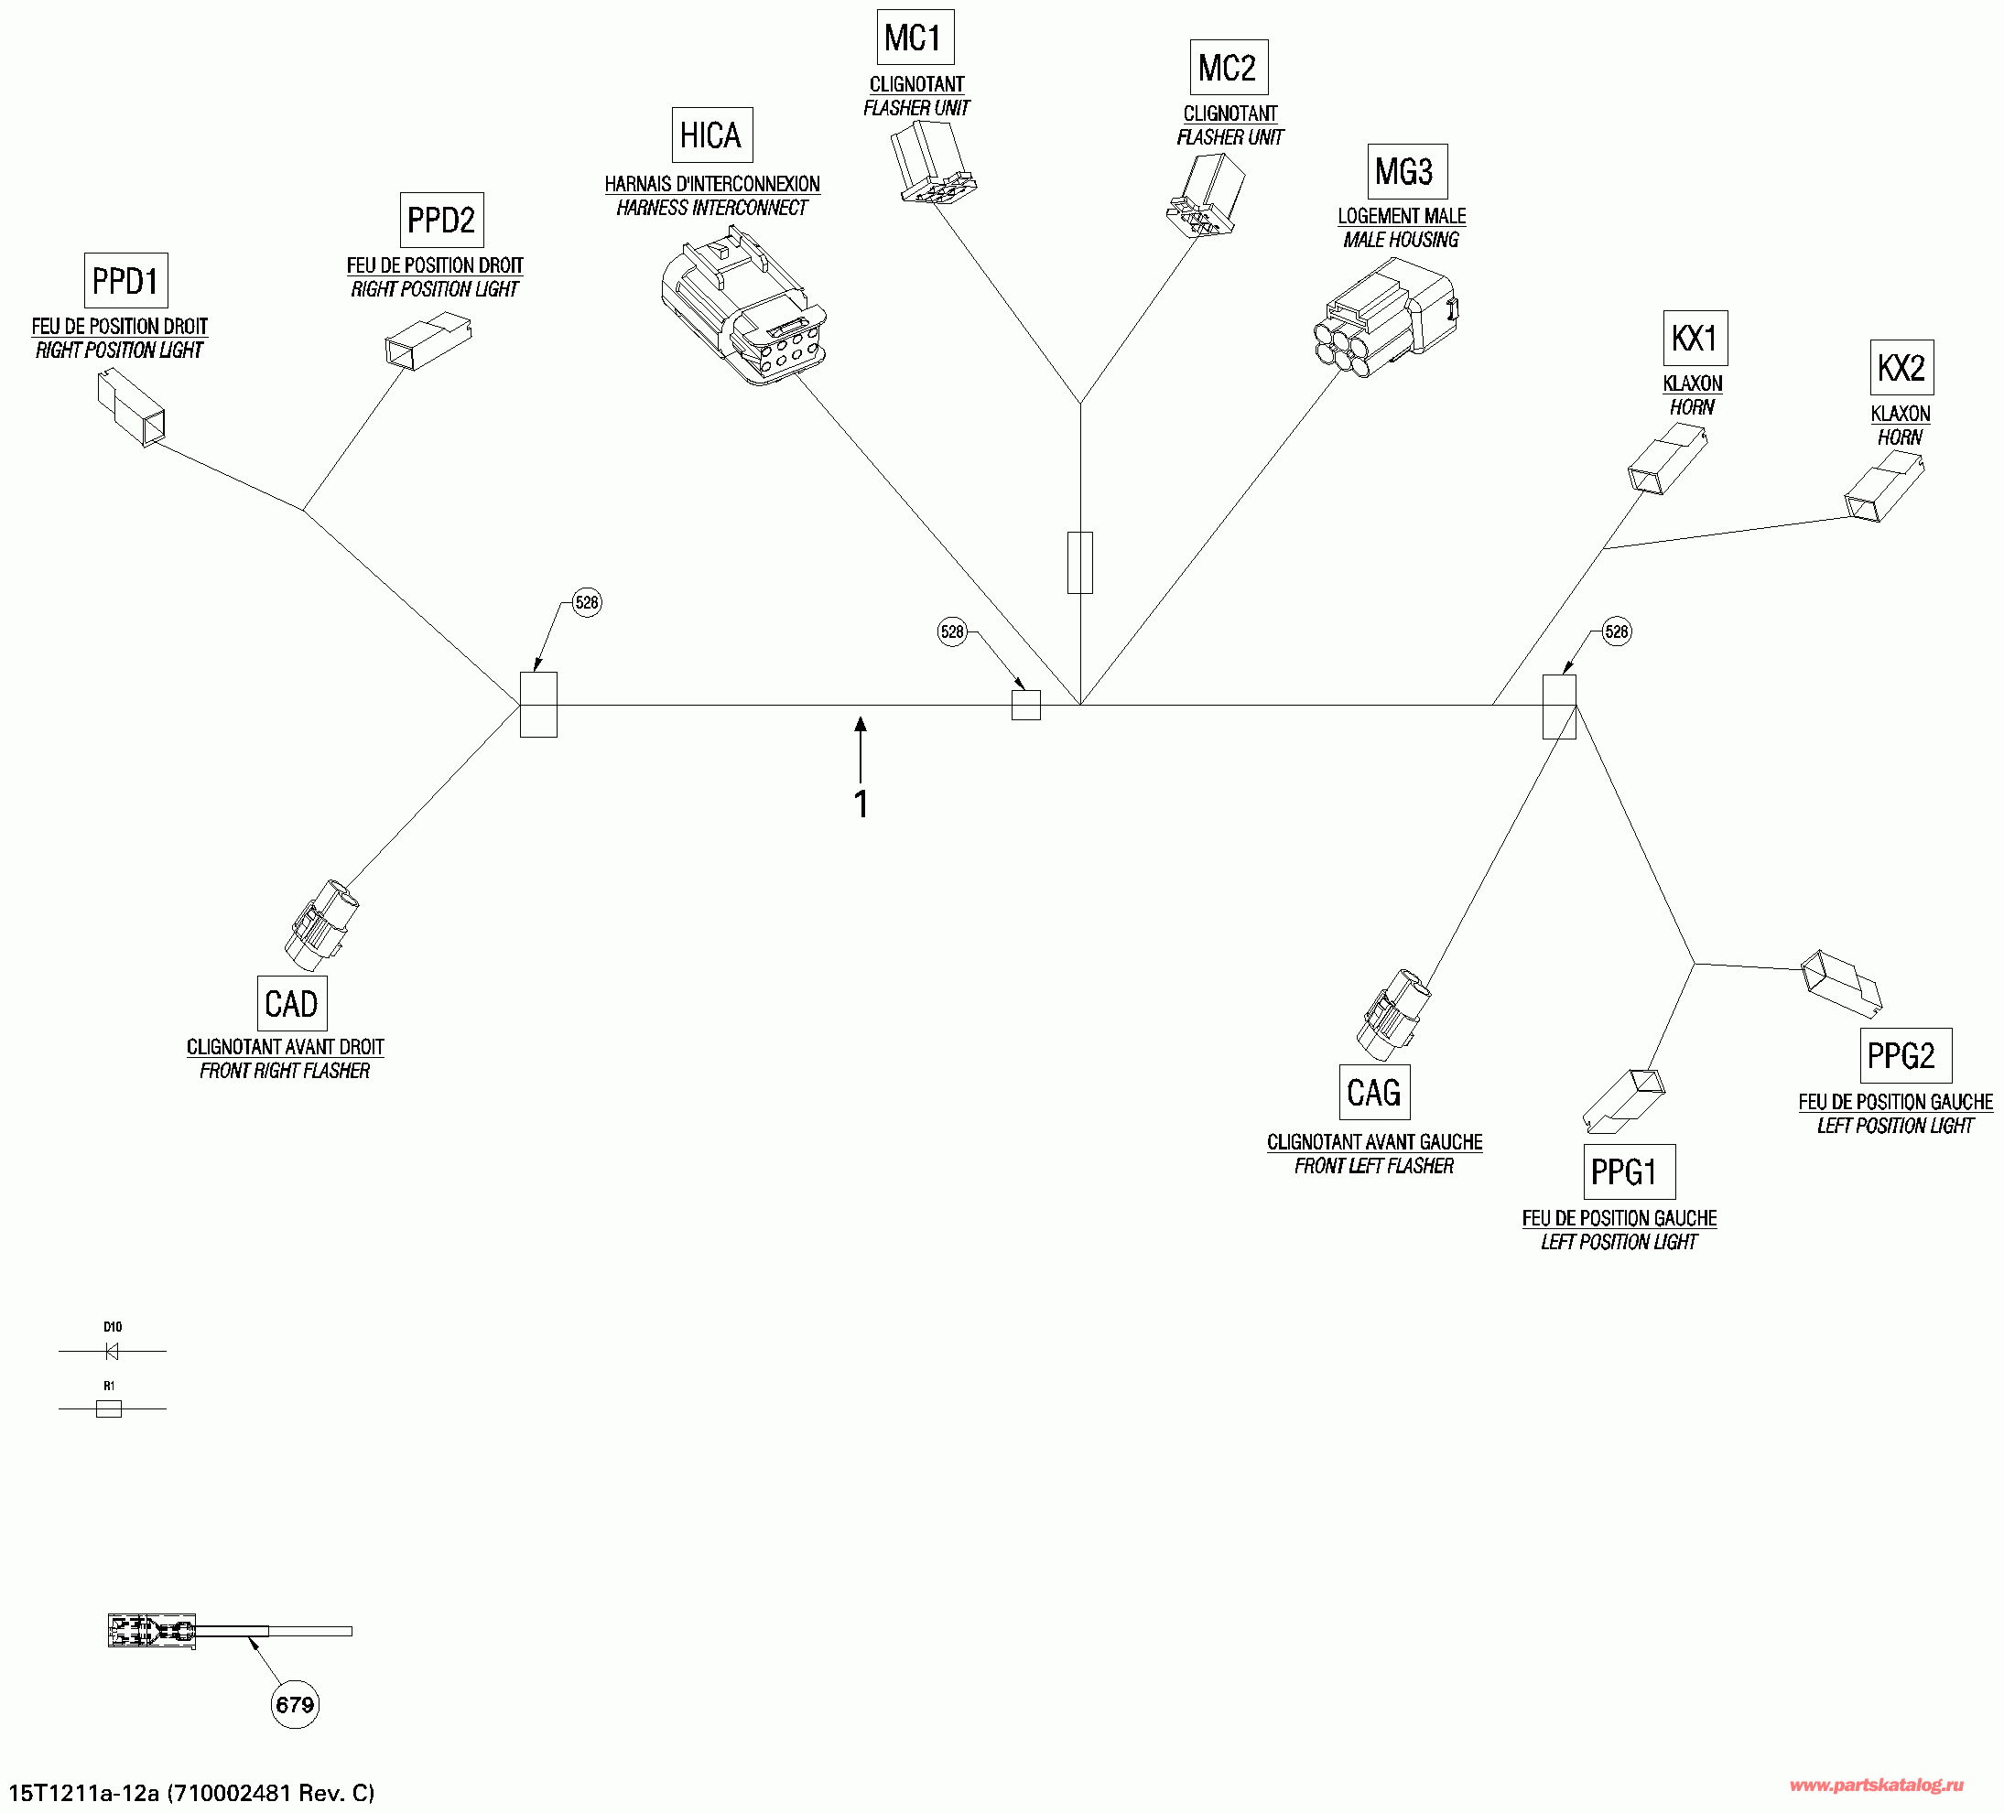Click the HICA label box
coord(711,135)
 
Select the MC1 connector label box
coord(915,38)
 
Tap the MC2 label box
coord(1229,68)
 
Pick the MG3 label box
coord(1406,172)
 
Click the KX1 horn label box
coord(1695,338)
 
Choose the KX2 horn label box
coord(1901,368)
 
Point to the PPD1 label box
coord(126,281)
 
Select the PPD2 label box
coord(441,220)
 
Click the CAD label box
coord(291,1004)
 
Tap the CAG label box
coord(1374,1093)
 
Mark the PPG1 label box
coord(1629,1171)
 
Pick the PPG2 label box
coord(1904,1055)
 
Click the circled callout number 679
coord(295,1705)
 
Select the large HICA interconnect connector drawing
coord(743,308)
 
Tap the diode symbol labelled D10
coord(112,1352)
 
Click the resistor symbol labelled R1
coord(108,1408)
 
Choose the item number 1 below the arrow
coord(861,804)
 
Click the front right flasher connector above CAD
coord(320,924)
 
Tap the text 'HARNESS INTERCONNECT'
coord(711,208)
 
